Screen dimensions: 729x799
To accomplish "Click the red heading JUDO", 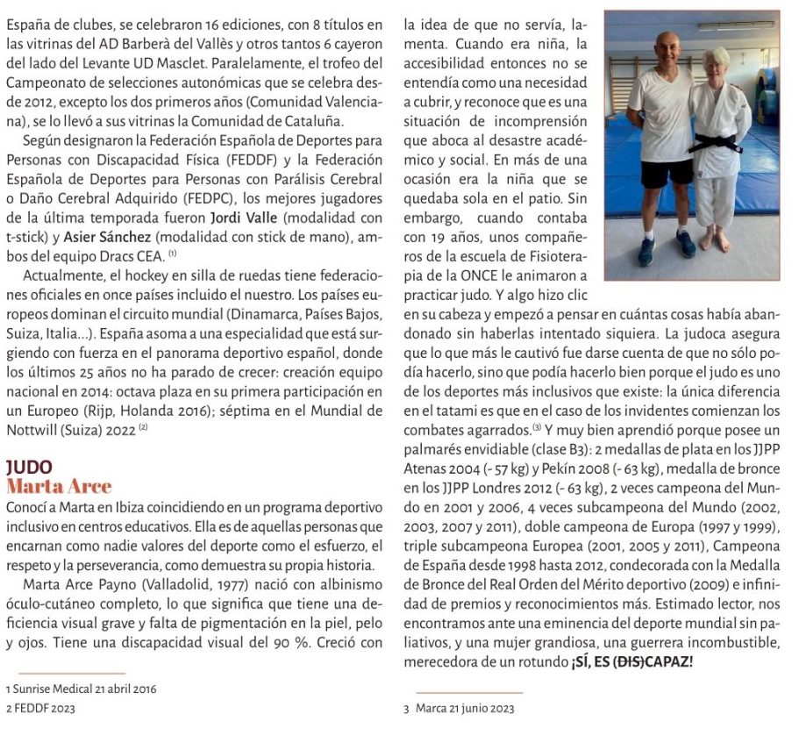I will pos(29,468).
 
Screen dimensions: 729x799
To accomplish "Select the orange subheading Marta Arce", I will pos(59,486).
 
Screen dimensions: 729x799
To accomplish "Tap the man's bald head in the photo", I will pos(668,45).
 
